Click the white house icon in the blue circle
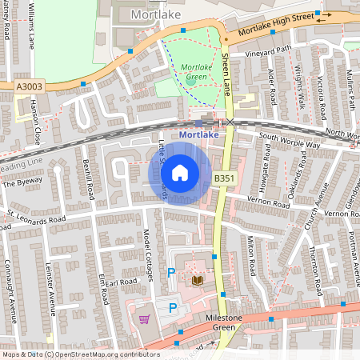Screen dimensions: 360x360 pyautogui.click(x=180, y=173)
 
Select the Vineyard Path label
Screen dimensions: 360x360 pyautogui.click(x=263, y=50)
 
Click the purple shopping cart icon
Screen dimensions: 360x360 pyautogui.click(x=144, y=318)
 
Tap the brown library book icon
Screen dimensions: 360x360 pyautogui.click(x=198, y=280)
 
